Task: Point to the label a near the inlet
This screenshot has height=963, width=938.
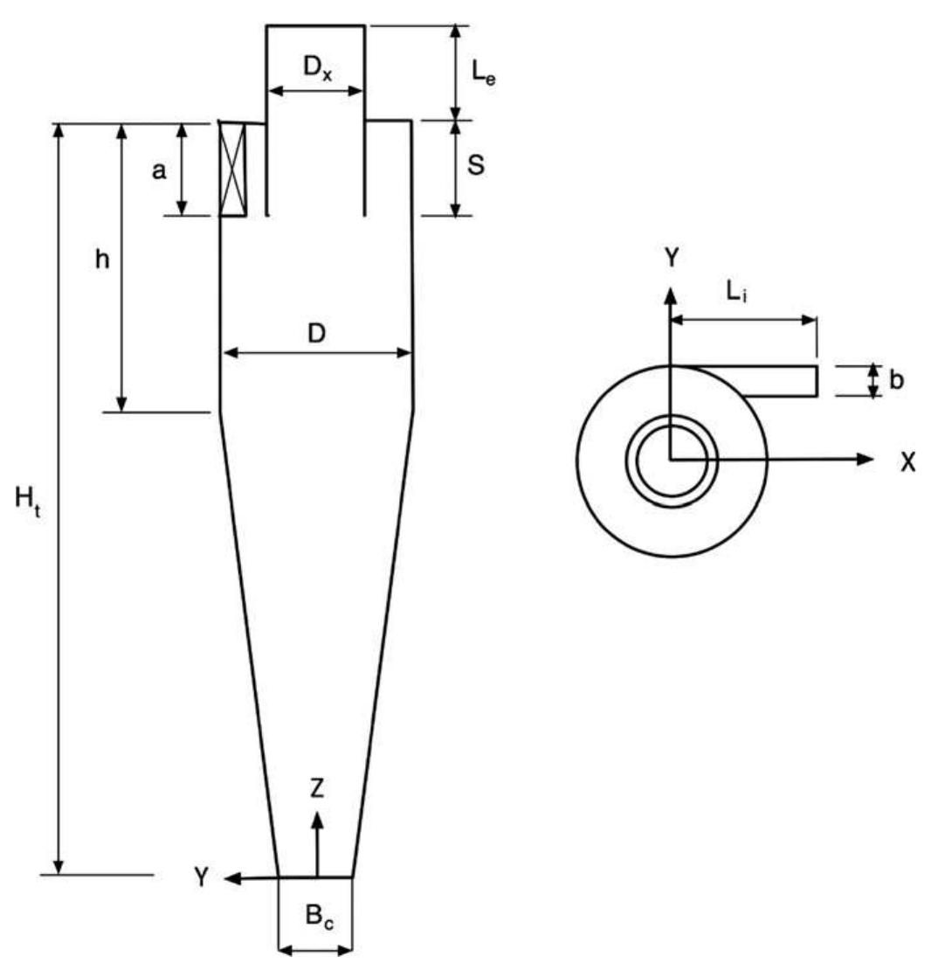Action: click(158, 171)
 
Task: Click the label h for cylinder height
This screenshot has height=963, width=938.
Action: click(102, 261)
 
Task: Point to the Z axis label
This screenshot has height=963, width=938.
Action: click(317, 789)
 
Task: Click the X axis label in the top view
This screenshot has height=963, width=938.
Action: click(908, 462)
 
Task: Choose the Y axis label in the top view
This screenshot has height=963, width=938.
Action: click(670, 259)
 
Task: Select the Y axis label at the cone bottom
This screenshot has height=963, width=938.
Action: click(202, 878)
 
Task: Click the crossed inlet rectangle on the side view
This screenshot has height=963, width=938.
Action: click(232, 169)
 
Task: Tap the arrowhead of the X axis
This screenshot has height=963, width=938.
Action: click(866, 459)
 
